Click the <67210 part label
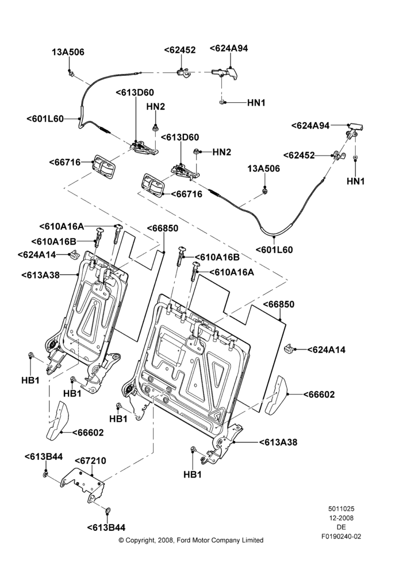point(91,461)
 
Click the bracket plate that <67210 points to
point(83,484)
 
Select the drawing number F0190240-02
point(341,537)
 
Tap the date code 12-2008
point(341,518)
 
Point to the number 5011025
point(341,509)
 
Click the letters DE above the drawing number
point(341,528)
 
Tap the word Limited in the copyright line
point(253,540)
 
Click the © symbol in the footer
point(121,540)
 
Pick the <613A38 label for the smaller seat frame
point(40,275)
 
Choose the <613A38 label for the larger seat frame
point(278,442)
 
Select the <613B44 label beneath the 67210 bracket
point(106,528)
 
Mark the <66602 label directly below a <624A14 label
point(319,395)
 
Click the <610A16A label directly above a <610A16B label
point(62,227)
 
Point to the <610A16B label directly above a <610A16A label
point(217,257)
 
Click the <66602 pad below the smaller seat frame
point(56,420)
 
